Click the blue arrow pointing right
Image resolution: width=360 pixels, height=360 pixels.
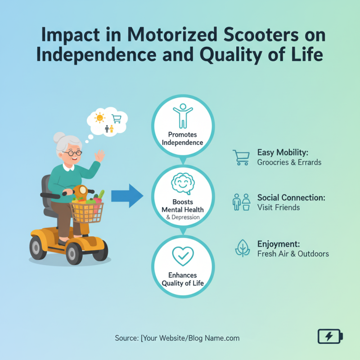pyautogui.click(x=126, y=195)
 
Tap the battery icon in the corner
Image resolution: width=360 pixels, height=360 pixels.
pyautogui.click(x=330, y=336)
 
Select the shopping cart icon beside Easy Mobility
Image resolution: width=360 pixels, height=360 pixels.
pyautogui.click(x=241, y=157)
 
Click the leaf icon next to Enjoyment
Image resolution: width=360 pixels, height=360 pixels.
pyautogui.click(x=243, y=248)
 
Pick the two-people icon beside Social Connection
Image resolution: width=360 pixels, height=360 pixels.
pyautogui.click(x=241, y=202)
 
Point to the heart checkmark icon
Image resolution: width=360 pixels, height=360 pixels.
pyautogui.click(x=183, y=256)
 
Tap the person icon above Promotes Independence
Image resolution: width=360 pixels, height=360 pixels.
pyautogui.click(x=182, y=115)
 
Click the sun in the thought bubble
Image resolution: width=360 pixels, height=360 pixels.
pyautogui.click(x=99, y=118)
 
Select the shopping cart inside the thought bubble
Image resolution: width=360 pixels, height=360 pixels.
pyautogui.click(x=117, y=119)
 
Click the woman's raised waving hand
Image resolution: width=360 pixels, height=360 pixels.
pyautogui.click(x=99, y=157)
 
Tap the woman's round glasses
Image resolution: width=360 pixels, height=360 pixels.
pyautogui.click(x=72, y=153)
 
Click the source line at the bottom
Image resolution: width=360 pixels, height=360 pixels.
pyautogui.click(x=177, y=338)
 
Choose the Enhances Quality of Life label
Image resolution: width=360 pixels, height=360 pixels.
pyautogui.click(x=183, y=279)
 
